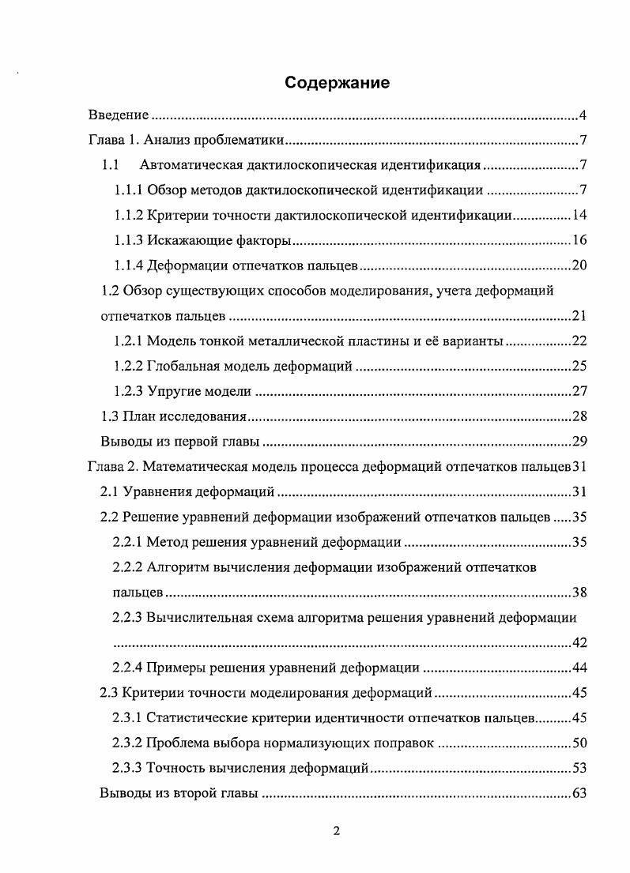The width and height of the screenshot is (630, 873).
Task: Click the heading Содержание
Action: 338,83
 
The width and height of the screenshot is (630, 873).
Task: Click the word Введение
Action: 118,116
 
